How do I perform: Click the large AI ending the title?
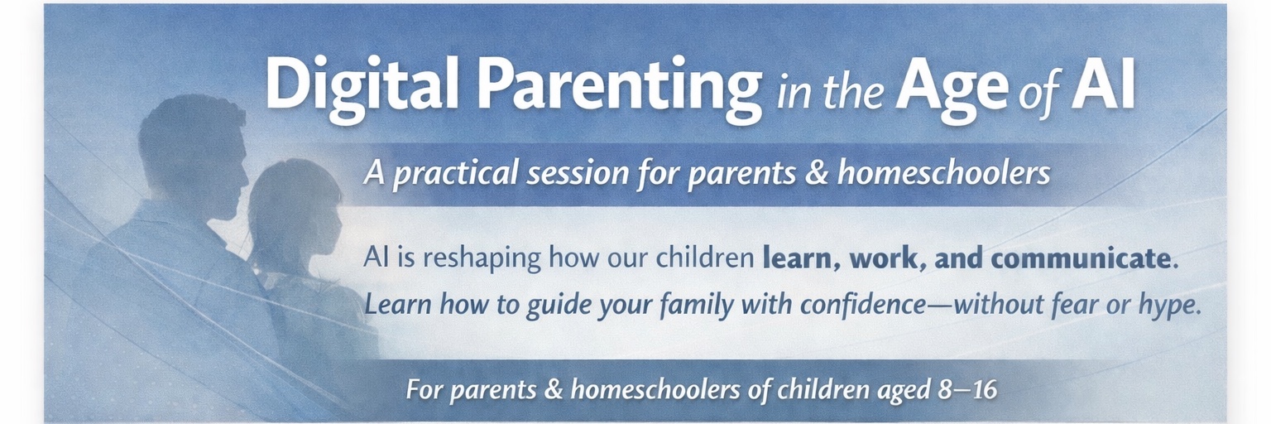click(x=1102, y=84)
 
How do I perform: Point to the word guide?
click(x=557, y=306)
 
